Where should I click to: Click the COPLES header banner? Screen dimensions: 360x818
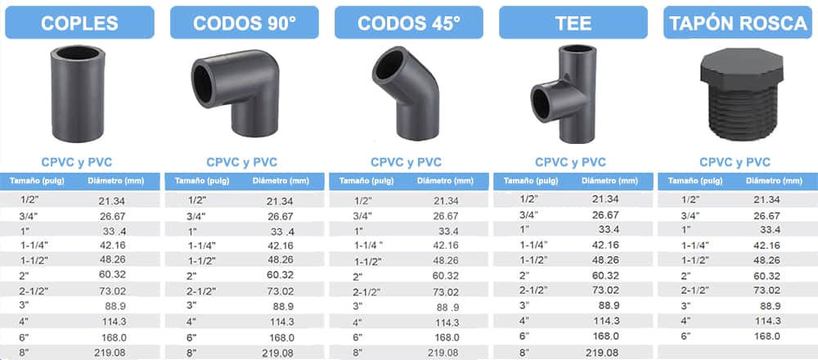pos(80,22)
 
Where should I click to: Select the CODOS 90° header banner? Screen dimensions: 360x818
pos(244,22)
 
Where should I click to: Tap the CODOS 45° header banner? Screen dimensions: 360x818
pos(409,22)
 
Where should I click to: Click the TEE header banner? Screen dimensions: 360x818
pos(573,22)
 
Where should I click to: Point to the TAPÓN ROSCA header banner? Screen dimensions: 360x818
pos(736,22)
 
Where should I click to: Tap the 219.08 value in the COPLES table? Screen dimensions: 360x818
pos(113,353)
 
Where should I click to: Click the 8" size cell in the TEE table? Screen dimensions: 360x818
pos(524,352)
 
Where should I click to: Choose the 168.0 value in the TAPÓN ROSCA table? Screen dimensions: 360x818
pos(766,335)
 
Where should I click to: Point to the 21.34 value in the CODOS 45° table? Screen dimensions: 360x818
pos(446,200)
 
